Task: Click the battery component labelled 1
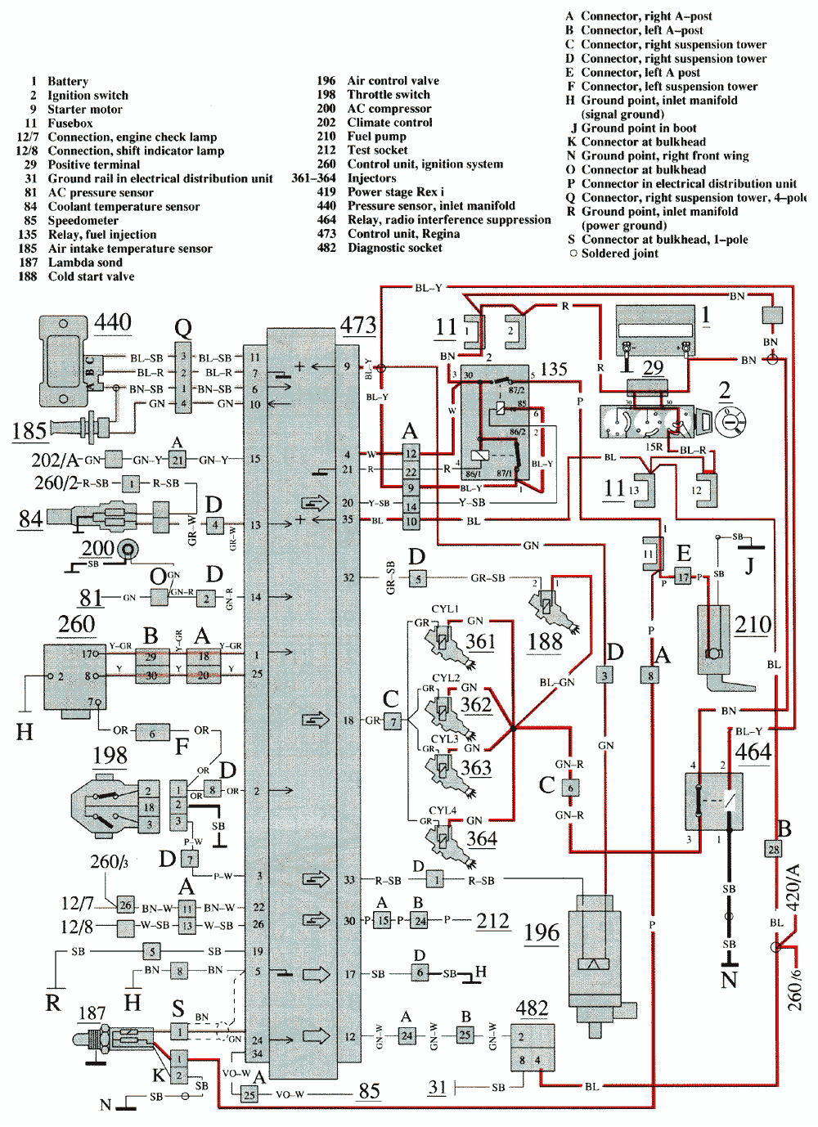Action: click(x=654, y=330)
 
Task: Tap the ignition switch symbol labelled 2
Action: click(x=730, y=422)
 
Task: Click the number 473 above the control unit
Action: click(x=358, y=325)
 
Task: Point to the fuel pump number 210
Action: click(x=753, y=625)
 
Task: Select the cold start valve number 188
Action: click(x=545, y=641)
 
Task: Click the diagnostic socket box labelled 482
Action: click(x=532, y=1047)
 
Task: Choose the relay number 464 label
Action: click(x=753, y=752)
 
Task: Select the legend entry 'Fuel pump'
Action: click(x=376, y=137)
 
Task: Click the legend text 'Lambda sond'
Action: click(x=85, y=263)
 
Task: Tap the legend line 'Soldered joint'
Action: click(x=619, y=254)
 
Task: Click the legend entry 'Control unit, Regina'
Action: click(x=403, y=234)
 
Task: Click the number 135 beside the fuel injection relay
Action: click(x=554, y=369)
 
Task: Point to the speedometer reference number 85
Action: click(x=369, y=1091)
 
